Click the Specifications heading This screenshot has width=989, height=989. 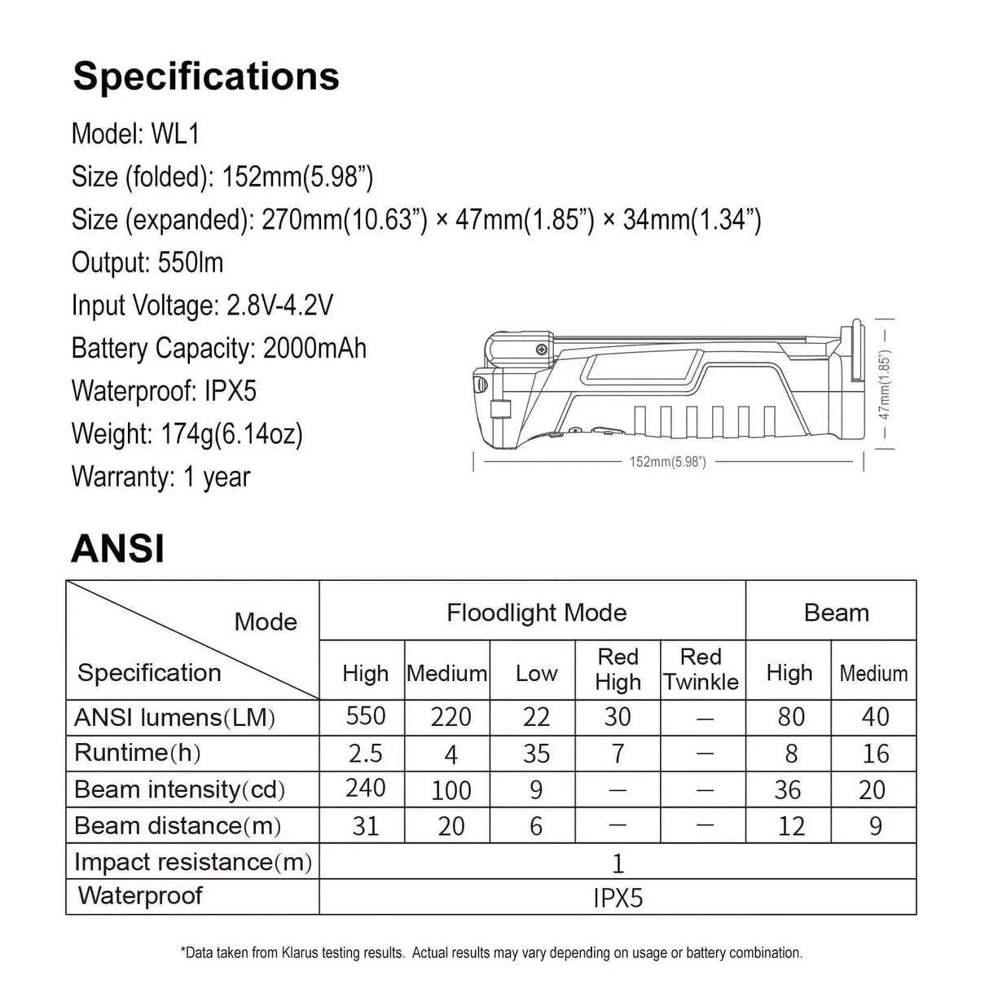pyautogui.click(x=206, y=77)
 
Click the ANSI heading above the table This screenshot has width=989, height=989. pyautogui.click(x=118, y=548)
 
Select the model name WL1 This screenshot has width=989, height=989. pyautogui.click(x=175, y=134)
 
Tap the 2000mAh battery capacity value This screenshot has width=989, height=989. pyautogui.click(x=314, y=349)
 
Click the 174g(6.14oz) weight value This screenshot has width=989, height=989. pyautogui.click(x=227, y=434)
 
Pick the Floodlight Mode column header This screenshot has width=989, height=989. pyautogui.click(x=536, y=613)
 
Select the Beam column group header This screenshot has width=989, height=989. pyautogui.click(x=836, y=613)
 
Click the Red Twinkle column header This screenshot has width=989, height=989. pyautogui.click(x=701, y=670)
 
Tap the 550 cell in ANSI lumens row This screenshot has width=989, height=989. pyautogui.click(x=365, y=716)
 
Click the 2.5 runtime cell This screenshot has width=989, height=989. pyautogui.click(x=365, y=754)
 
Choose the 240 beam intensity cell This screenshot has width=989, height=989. pyautogui.click(x=365, y=789)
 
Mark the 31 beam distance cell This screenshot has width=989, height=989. pyautogui.click(x=365, y=826)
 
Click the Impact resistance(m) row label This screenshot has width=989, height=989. pyautogui.click(x=193, y=861)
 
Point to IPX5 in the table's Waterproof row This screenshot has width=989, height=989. pyautogui.click(x=618, y=898)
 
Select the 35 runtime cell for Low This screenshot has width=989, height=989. pyautogui.click(x=536, y=754)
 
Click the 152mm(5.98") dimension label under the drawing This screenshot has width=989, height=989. pyautogui.click(x=667, y=462)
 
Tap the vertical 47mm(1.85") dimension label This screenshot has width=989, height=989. pyautogui.click(x=885, y=385)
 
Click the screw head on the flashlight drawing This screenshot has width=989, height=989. pyautogui.click(x=541, y=350)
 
